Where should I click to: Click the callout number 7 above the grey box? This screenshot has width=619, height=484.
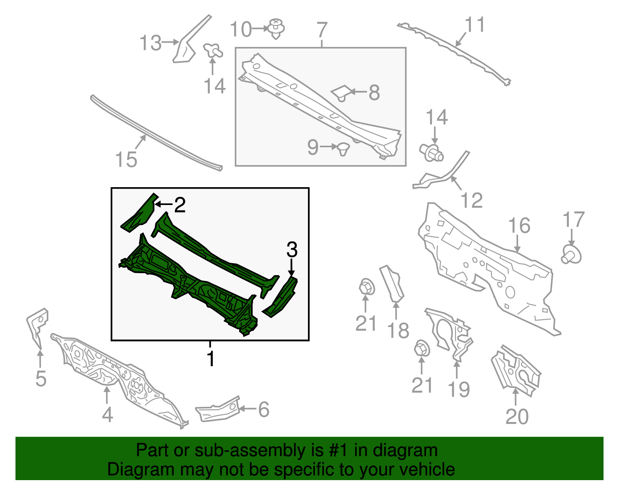[322, 29]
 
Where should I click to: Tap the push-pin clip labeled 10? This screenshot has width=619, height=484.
[275, 28]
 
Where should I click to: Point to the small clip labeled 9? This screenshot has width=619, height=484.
[343, 148]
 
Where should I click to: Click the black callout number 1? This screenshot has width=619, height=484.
[210, 359]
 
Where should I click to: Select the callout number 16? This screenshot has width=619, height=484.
[519, 226]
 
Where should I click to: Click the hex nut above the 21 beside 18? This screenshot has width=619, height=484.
[366, 287]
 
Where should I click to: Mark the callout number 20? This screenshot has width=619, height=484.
[517, 416]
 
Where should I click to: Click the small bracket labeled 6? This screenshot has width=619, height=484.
[218, 410]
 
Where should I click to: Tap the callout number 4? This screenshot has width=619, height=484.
[107, 415]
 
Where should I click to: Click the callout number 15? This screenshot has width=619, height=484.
[126, 159]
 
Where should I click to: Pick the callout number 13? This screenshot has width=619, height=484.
[150, 43]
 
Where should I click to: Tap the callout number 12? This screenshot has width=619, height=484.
[472, 200]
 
